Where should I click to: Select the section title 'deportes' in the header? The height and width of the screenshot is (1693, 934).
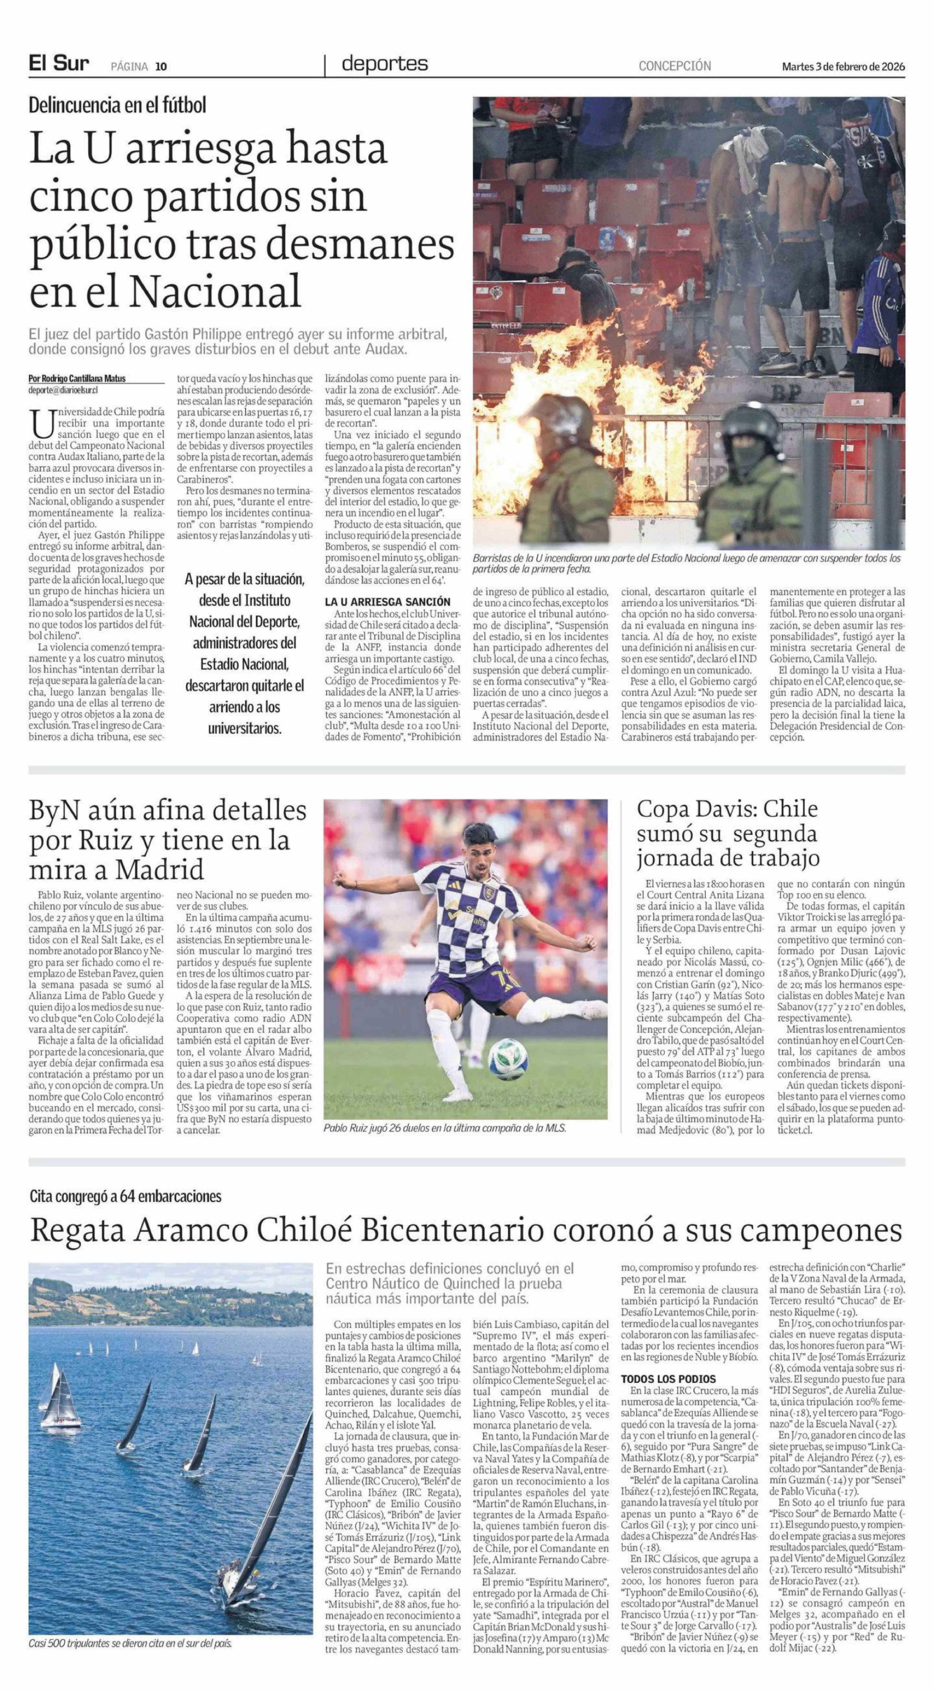[384, 64]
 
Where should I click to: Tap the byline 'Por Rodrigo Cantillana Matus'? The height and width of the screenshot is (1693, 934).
[78, 378]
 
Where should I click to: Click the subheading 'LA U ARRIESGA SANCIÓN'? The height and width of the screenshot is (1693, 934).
[388, 601]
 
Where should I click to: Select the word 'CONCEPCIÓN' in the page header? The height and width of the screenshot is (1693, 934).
[674, 66]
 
